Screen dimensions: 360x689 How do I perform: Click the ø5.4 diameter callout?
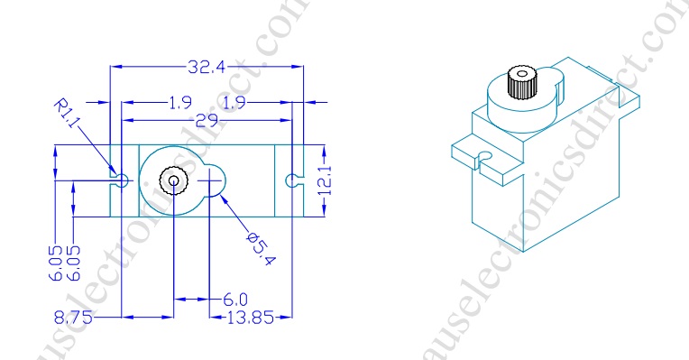pos(262,249)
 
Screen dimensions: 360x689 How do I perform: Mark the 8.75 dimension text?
pos(73,317)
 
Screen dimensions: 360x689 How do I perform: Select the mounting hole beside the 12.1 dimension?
pos(290,180)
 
